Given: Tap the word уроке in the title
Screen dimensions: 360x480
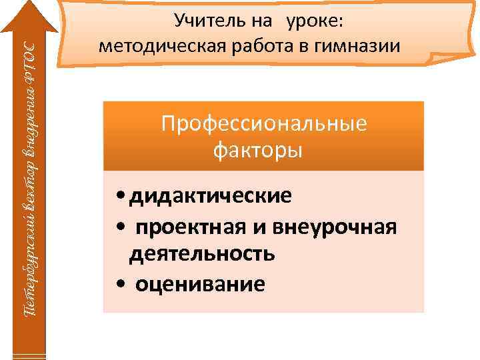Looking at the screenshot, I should point(315,21).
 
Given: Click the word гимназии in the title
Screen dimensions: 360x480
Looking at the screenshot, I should point(351,47).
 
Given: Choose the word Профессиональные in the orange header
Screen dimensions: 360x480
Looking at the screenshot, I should point(264,125).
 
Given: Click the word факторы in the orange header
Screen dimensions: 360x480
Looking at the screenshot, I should point(257,150).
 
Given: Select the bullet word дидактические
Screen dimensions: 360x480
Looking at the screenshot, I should point(211,197).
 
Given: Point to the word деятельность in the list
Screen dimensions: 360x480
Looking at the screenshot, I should point(201,254).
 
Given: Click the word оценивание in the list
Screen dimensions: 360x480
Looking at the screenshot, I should point(200,284).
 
